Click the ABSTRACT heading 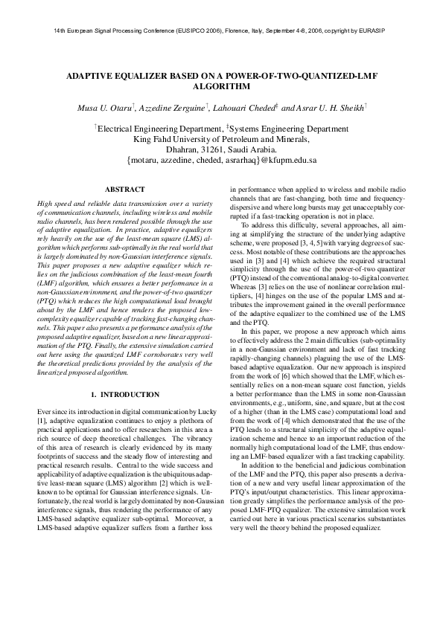[124, 190]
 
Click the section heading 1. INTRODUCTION [124, 393]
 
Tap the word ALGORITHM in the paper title [221, 86]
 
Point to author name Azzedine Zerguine [175, 109]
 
